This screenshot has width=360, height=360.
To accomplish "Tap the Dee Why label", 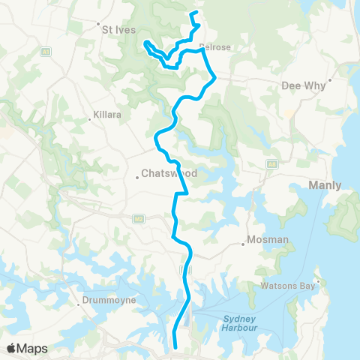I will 303,85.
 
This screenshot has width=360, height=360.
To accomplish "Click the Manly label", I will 324,184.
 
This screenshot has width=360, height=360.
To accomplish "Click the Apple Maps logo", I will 27,348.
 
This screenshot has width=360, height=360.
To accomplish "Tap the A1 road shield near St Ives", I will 46,52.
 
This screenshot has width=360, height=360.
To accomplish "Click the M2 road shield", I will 138,218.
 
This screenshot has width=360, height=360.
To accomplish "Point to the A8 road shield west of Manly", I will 272,163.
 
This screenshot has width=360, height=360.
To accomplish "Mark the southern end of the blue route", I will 175,346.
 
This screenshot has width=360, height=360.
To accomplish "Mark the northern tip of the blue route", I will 193,13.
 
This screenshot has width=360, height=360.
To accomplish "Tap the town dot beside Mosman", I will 244,244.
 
